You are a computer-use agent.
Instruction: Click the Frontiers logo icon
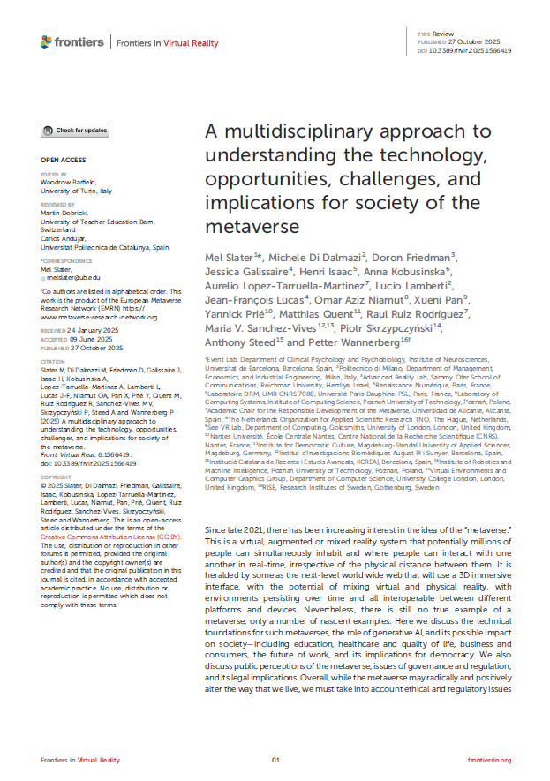[x=47, y=41]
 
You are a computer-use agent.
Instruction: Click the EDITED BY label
[x=53, y=174]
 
